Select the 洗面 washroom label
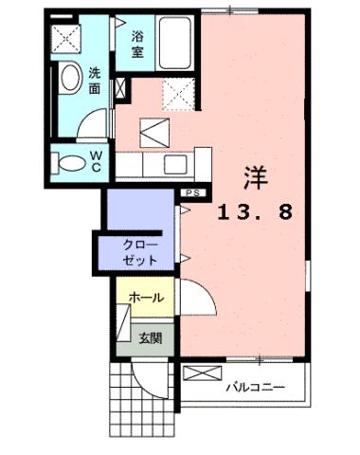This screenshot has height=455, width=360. [96, 81]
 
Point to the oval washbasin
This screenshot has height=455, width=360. [68, 79]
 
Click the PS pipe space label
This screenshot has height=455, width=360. [193, 192]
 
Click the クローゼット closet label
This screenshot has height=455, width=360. [141, 251]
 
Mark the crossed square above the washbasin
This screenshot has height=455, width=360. [66, 38]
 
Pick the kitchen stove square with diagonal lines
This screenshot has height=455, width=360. [153, 128]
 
